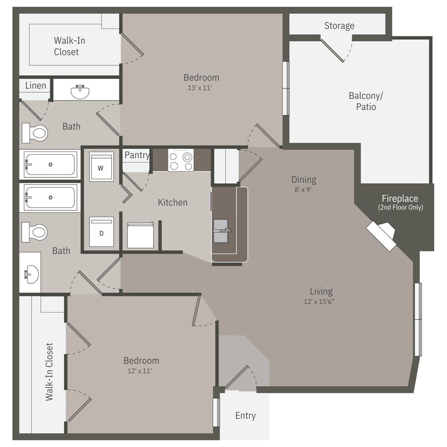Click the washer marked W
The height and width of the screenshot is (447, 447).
101,167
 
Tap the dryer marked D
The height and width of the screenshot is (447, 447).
101,232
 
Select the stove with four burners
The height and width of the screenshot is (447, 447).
181,160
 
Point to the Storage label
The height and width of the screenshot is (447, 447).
339,25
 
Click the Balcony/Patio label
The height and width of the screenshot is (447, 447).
365,101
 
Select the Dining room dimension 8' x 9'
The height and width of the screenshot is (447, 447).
303,189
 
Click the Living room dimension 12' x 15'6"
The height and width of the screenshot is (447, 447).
321,301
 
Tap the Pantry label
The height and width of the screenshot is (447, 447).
137,155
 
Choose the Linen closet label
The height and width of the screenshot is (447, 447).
35,85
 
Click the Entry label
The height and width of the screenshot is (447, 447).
245,416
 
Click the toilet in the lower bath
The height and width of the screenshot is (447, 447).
34,232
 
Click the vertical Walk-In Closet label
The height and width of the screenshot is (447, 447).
49,372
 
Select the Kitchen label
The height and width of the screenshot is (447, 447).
173,202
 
